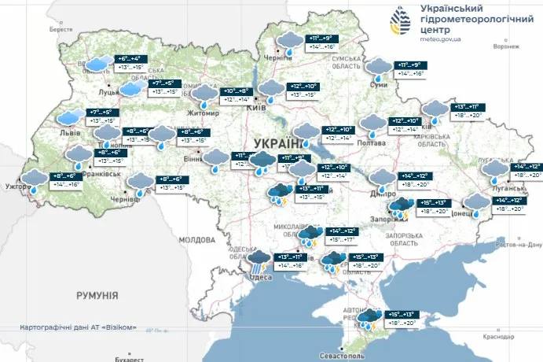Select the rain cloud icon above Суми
pos(380,68)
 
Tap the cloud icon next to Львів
pos(69,118)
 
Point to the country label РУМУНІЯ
pos(97,295)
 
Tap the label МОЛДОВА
pos(196,239)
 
